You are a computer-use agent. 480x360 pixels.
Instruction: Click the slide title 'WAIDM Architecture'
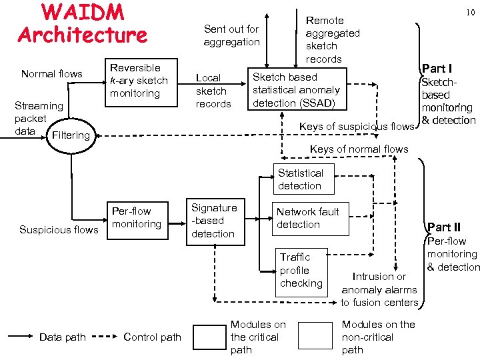click(x=83, y=23)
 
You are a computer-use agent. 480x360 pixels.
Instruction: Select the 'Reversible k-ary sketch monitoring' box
click(x=139, y=81)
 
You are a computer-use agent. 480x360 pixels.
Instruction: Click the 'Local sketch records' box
click(x=213, y=91)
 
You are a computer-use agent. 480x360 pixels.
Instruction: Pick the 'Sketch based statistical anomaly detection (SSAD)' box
click(x=296, y=90)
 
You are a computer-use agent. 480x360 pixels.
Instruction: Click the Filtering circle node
click(x=70, y=135)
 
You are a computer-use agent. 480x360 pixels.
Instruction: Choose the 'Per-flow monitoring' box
click(x=137, y=218)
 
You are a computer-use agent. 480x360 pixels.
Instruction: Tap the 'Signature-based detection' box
click(x=213, y=221)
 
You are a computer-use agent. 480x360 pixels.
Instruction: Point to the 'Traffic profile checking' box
click(x=301, y=270)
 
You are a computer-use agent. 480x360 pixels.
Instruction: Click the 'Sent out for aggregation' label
click(x=231, y=35)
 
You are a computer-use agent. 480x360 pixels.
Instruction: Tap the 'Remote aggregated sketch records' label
click(x=332, y=40)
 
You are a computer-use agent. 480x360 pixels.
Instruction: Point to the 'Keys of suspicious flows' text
click(x=357, y=127)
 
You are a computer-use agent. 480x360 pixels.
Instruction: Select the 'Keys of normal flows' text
click(x=359, y=149)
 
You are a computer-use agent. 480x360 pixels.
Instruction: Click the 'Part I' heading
click(x=437, y=69)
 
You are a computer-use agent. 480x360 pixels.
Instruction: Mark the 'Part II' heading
click(x=444, y=227)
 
